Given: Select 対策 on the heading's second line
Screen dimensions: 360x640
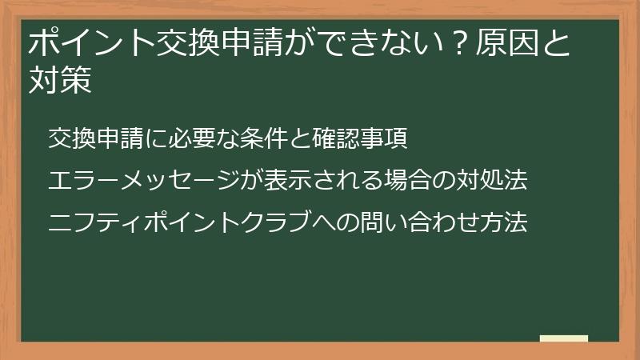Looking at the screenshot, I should coord(59,80).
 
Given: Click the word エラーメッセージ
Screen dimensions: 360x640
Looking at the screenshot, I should coord(132,180).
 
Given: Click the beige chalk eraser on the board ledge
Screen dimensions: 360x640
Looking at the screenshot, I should coord(563,338).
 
